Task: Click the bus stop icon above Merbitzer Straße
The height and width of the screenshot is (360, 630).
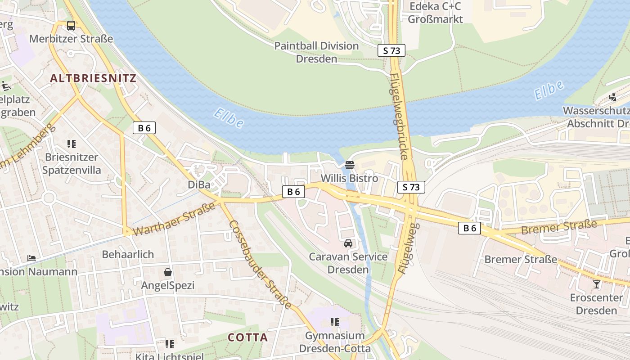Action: [71, 26]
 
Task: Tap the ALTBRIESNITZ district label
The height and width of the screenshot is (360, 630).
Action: [93, 78]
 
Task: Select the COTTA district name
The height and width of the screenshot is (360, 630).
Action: [247, 337]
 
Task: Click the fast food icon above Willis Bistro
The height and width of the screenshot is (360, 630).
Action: [350, 165]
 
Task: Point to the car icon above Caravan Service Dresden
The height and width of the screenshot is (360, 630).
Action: [348, 243]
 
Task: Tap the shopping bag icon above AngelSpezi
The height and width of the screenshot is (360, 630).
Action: [168, 272]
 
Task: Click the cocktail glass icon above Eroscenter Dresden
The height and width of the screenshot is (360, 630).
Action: [597, 284]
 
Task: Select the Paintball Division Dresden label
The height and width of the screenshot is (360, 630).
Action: [316, 52]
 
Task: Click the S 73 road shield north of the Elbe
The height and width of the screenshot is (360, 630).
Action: [391, 50]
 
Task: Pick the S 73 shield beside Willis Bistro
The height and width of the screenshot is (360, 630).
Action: [411, 187]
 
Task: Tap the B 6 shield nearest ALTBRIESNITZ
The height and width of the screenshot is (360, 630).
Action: [144, 128]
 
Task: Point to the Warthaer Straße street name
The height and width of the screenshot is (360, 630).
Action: [175, 220]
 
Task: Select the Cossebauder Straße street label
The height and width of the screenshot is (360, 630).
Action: [260, 264]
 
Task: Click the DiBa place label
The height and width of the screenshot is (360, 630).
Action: [199, 185]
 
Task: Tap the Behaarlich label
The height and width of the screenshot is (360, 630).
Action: [128, 254]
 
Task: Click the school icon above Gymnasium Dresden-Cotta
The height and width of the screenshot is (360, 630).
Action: [334, 322]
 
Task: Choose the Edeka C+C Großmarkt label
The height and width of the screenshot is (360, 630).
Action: [435, 13]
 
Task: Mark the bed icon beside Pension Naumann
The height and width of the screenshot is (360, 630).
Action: [31, 258]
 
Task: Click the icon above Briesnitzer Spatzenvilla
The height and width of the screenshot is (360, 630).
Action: [72, 144]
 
